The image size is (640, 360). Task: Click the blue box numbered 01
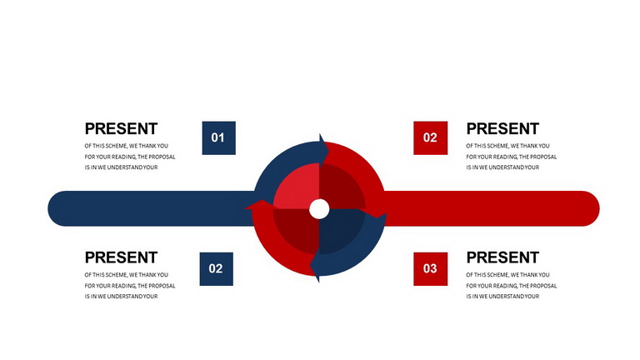[x=219, y=138]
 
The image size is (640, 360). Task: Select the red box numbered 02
[x=430, y=138]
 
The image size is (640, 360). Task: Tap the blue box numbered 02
[x=217, y=269]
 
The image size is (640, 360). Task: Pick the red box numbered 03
[x=430, y=269]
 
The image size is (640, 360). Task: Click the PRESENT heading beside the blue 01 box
[x=121, y=128]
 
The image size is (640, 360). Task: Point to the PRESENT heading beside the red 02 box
[x=502, y=128]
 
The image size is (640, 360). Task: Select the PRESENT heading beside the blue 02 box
[x=121, y=257]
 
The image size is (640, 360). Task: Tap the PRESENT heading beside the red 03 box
[x=502, y=257]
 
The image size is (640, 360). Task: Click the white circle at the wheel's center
[x=319, y=209]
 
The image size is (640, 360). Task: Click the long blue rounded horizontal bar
[x=151, y=208]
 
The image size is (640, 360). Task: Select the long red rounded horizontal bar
[x=490, y=208]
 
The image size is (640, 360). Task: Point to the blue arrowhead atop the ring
[x=323, y=150]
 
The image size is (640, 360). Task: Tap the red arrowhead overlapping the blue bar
[x=260, y=205]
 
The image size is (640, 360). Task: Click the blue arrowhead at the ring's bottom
[x=315, y=267]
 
